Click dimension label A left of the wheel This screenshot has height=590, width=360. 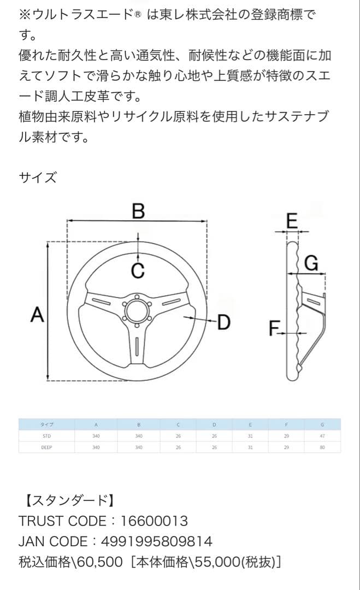coord(37,315)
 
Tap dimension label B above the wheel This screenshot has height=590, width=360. coord(139,211)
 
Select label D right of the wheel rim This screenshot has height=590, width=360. coord(224,322)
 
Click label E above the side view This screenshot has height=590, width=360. coord(292,221)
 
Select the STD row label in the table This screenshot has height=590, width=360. coord(46,436)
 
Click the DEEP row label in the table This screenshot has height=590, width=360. coord(46,447)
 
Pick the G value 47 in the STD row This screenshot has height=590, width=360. coord(322,436)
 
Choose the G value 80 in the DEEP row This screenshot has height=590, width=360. coord(322,447)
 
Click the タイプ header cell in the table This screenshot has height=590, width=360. coord(46,424)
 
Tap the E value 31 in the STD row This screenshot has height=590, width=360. coord(250,436)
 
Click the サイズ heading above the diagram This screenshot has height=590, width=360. coord(37,178)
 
